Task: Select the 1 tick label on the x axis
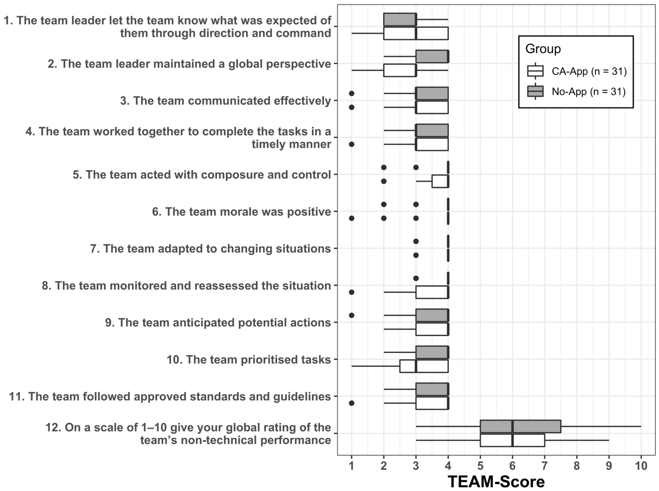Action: (x=352, y=465)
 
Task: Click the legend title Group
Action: (x=543, y=49)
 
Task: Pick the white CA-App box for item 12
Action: (x=512, y=440)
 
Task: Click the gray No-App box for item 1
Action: (x=400, y=20)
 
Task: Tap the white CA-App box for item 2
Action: (x=400, y=70)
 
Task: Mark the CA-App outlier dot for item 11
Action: (x=352, y=403)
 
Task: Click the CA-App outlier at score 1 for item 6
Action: (x=352, y=218)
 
